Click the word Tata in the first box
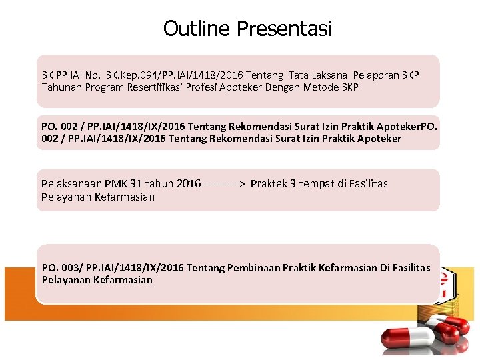[x=298, y=75]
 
